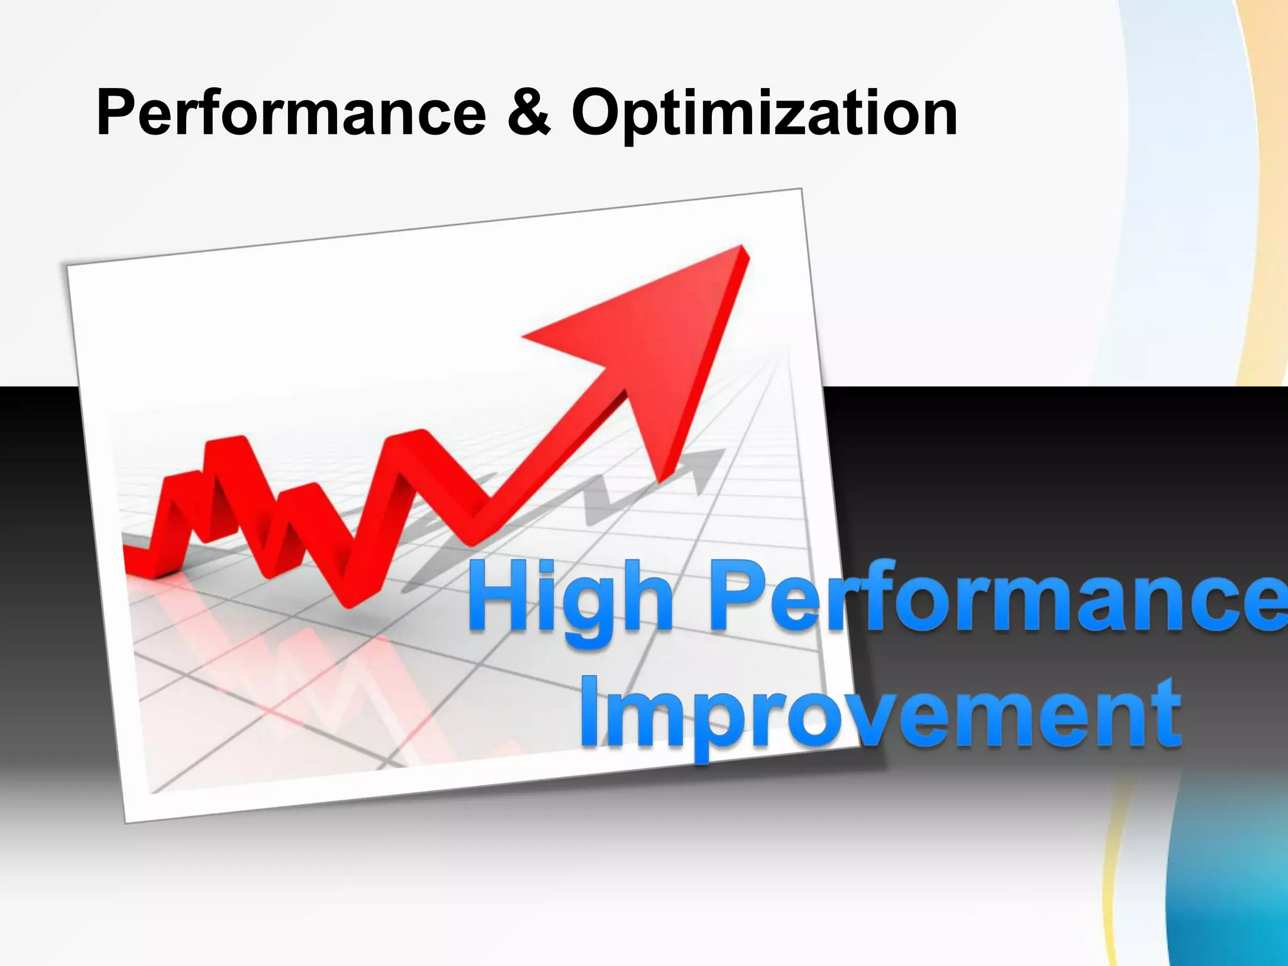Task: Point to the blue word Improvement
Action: [880, 714]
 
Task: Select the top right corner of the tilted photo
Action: [801, 189]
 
